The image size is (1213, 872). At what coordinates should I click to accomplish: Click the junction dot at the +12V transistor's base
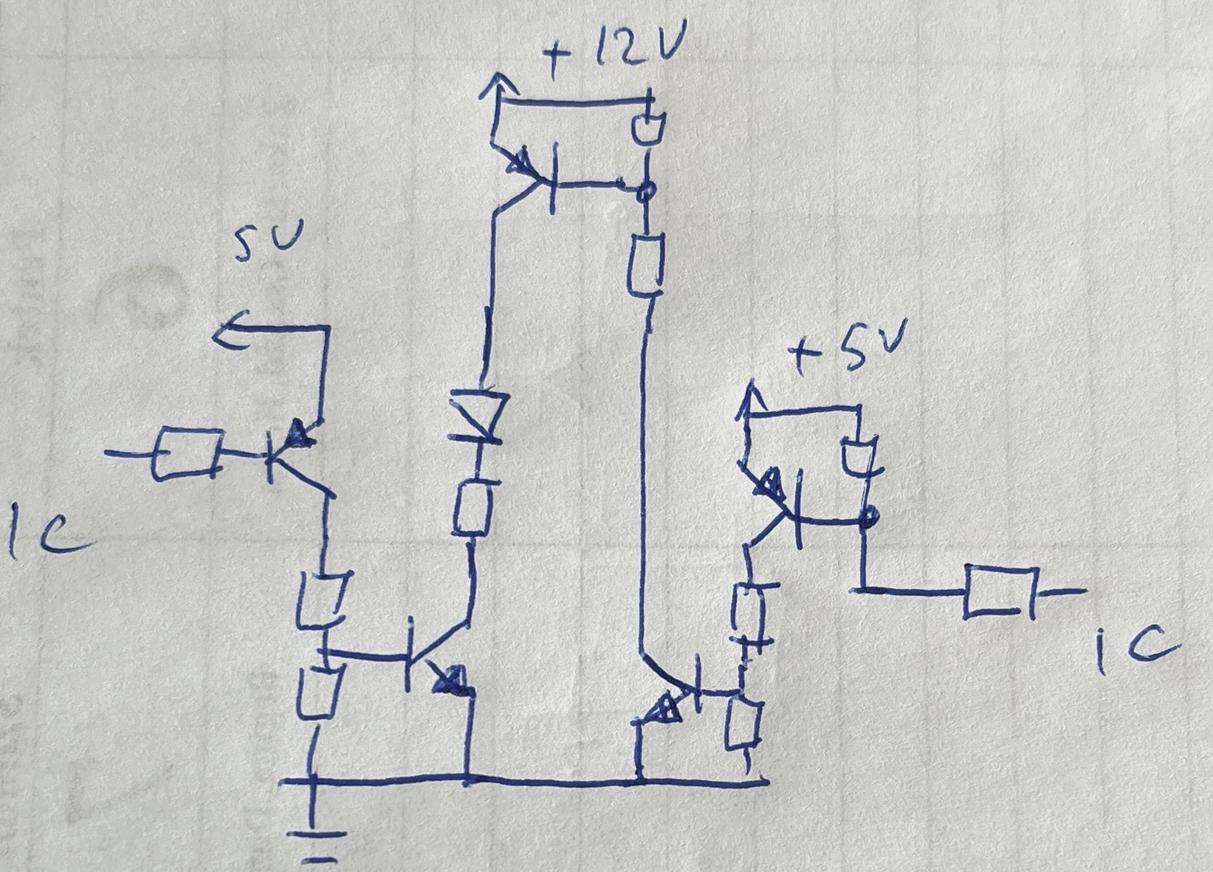pos(646,193)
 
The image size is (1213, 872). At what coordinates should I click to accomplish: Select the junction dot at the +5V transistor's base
pos(869,516)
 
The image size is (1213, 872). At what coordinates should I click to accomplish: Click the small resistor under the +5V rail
pos(859,456)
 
